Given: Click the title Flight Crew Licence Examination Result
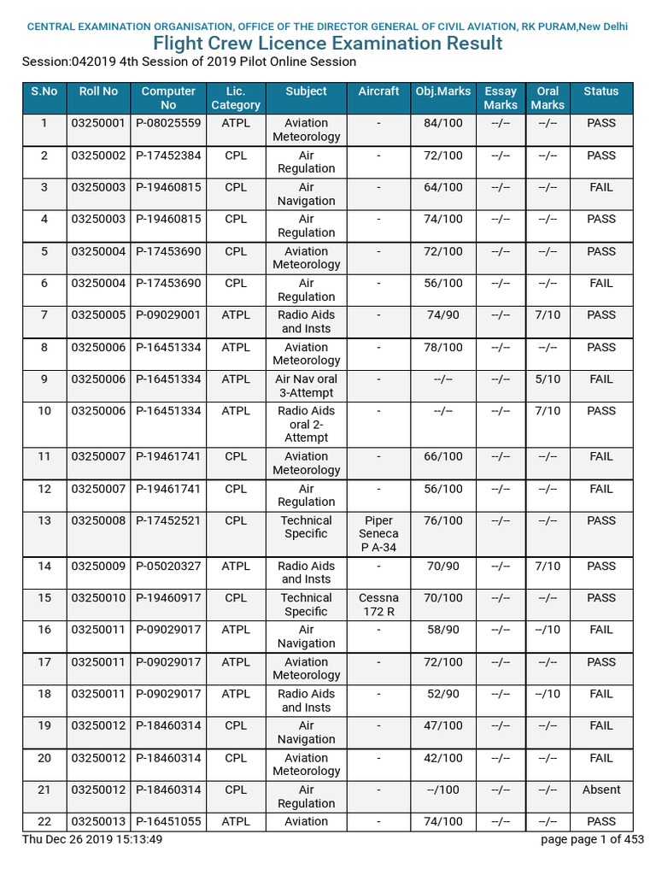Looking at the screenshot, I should (x=327, y=44).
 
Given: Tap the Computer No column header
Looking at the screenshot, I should (x=168, y=97).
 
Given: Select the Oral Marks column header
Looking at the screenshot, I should (x=548, y=97).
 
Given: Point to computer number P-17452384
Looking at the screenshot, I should (x=168, y=156).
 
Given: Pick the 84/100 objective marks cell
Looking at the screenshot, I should (x=442, y=123).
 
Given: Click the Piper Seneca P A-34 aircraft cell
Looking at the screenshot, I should (x=378, y=533).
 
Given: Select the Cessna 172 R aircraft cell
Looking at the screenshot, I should (x=378, y=604).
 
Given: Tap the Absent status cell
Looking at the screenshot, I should (x=601, y=790).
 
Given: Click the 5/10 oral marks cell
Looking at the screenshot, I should (x=548, y=379).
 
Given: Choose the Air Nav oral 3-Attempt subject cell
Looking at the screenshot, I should (x=306, y=385).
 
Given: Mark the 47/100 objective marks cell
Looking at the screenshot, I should (x=442, y=725).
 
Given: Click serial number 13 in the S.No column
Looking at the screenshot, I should (x=44, y=520).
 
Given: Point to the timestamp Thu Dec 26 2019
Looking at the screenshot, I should (x=92, y=839).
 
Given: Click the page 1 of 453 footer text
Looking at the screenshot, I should (x=593, y=839).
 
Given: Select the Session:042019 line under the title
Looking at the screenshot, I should (x=189, y=62).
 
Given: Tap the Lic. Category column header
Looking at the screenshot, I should (x=236, y=97).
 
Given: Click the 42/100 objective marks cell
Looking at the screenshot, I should (x=442, y=758).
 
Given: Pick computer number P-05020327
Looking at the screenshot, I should (x=168, y=566).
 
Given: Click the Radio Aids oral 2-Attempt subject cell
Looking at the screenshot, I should (x=306, y=424).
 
